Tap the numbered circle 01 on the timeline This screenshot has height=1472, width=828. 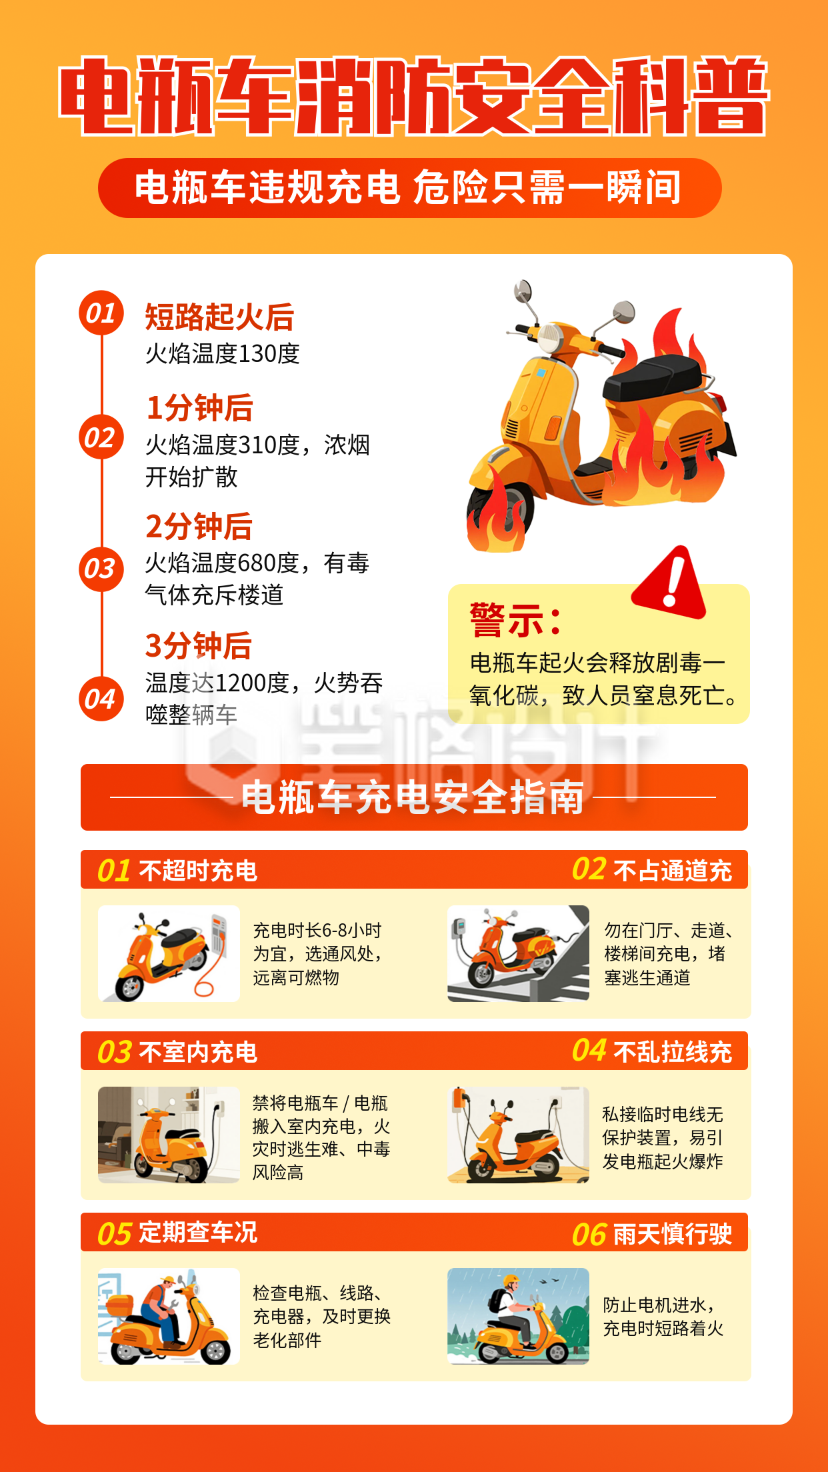coord(101,313)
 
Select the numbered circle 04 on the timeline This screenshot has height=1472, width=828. coord(101,699)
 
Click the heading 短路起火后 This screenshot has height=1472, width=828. coord(219,317)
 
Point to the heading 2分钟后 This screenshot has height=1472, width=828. coord(199,527)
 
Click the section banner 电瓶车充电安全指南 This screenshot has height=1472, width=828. coord(413,797)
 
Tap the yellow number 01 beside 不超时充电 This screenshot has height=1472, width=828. coord(113,871)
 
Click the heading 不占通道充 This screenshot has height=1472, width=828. coord(672,871)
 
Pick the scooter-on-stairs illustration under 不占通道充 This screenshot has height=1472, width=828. coord(518,953)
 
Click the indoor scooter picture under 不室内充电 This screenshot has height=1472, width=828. coord(169,1135)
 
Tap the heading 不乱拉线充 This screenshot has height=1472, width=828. coord(672,1052)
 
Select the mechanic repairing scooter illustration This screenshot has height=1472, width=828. coord(169,1316)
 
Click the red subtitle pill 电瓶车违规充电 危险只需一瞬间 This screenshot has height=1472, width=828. coord(409,187)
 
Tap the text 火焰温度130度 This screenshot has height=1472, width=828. coord(222,353)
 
